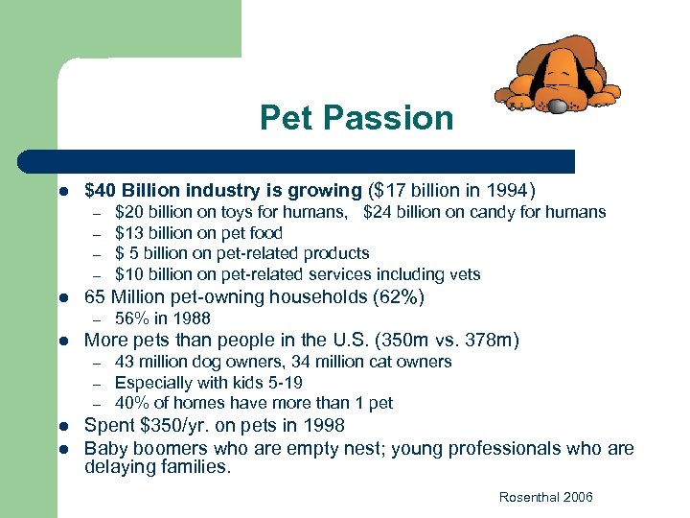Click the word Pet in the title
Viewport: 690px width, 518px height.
click(x=286, y=118)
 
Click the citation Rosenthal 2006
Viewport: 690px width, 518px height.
click(x=545, y=496)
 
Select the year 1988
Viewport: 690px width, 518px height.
click(x=191, y=318)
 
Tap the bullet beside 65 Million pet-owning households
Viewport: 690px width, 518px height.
click(x=60, y=297)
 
